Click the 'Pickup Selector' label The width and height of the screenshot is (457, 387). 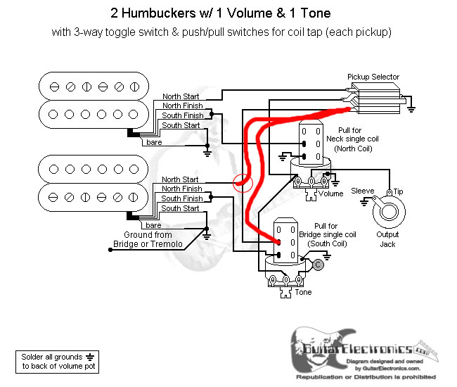373,77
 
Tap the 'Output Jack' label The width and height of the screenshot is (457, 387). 387,239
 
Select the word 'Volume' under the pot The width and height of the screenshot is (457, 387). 331,193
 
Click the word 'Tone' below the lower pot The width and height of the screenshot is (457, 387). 303,292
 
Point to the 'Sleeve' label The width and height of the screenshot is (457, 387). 363,190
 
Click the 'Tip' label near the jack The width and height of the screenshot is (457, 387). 399,190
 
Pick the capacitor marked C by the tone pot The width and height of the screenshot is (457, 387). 318,265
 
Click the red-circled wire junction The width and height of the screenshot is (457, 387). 242,184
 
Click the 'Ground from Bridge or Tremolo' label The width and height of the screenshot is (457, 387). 148,239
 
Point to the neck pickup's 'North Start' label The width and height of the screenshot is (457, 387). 181,96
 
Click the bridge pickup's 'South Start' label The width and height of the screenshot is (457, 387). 181,208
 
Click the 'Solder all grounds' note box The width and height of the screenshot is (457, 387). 56,362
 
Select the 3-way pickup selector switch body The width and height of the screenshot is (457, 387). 378,97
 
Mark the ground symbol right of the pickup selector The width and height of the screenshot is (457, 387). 411,108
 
